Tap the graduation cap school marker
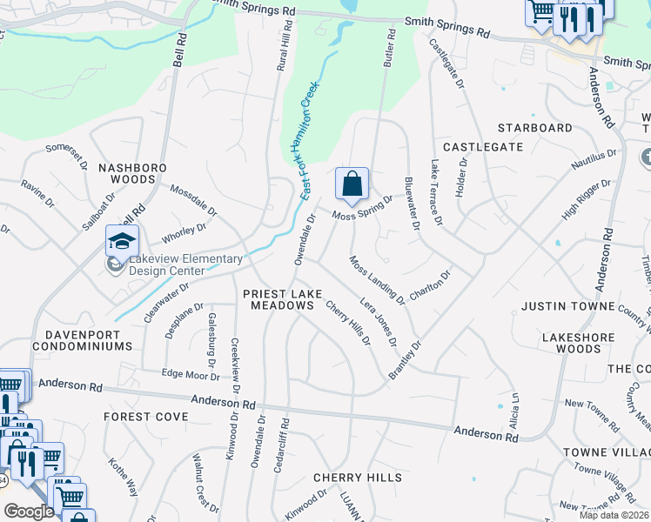tap(122, 240)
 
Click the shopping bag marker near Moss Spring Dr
tap(352, 184)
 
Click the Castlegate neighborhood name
tap(483, 148)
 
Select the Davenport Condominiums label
tap(82, 339)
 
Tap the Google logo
tap(29, 512)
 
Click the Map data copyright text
tap(614, 515)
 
